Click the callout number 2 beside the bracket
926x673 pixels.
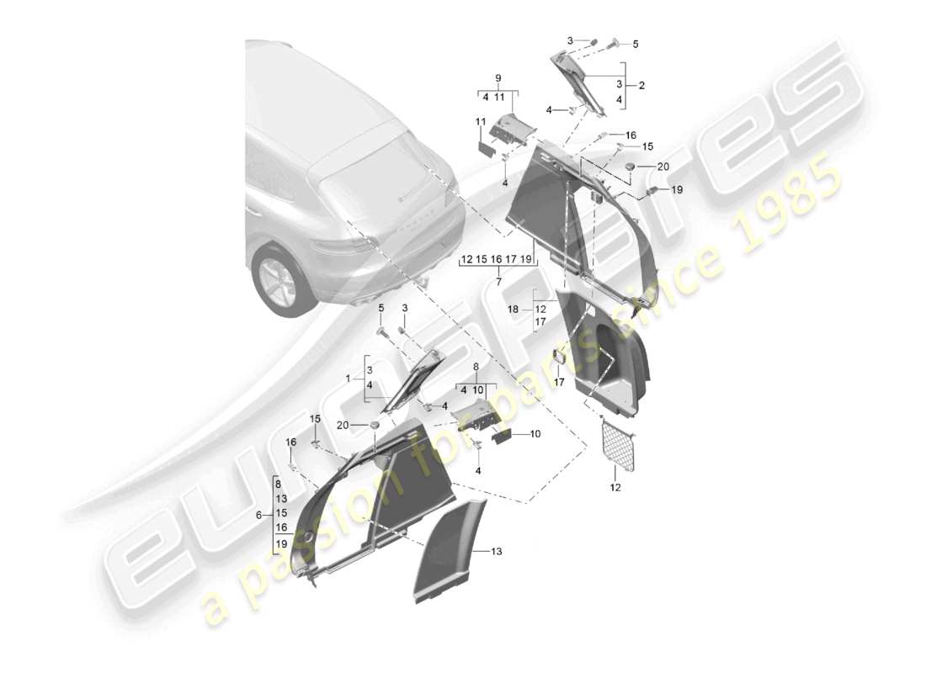tap(641, 86)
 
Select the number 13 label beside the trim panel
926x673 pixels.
tap(497, 551)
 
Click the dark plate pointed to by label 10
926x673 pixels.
tap(503, 436)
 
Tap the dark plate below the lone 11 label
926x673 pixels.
tap(486, 148)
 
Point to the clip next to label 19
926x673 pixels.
tap(651, 193)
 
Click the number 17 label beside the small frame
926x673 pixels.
tap(556, 381)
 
